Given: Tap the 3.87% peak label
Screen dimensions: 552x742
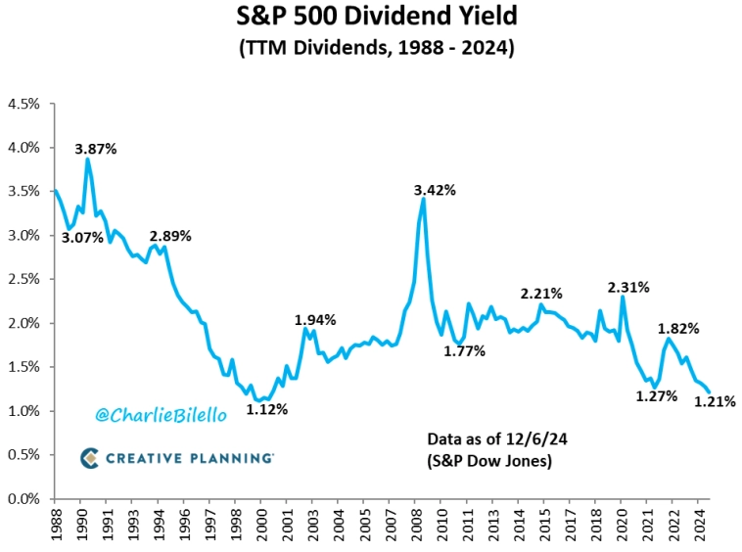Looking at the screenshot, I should pos(97,149).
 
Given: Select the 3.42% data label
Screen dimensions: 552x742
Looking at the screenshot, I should pos(435,190).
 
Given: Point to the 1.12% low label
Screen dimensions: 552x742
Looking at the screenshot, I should pos(266,409).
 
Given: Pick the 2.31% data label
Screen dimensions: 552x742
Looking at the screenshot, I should pos(627,288).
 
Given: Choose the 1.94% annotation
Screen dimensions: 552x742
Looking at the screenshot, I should pos(315,319).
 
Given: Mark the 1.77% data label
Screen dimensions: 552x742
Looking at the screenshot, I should pos(464,350).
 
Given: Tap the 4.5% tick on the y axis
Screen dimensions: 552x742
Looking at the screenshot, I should pos(23,104).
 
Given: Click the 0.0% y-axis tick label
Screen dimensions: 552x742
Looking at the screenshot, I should pos(23,499).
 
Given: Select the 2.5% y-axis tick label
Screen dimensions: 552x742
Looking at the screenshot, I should pos(23,280).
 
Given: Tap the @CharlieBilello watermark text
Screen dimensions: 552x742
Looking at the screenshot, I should pos(161,415).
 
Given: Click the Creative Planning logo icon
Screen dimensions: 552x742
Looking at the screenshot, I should pos(89,457).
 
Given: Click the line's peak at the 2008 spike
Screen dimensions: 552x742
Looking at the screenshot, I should pos(422,199).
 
